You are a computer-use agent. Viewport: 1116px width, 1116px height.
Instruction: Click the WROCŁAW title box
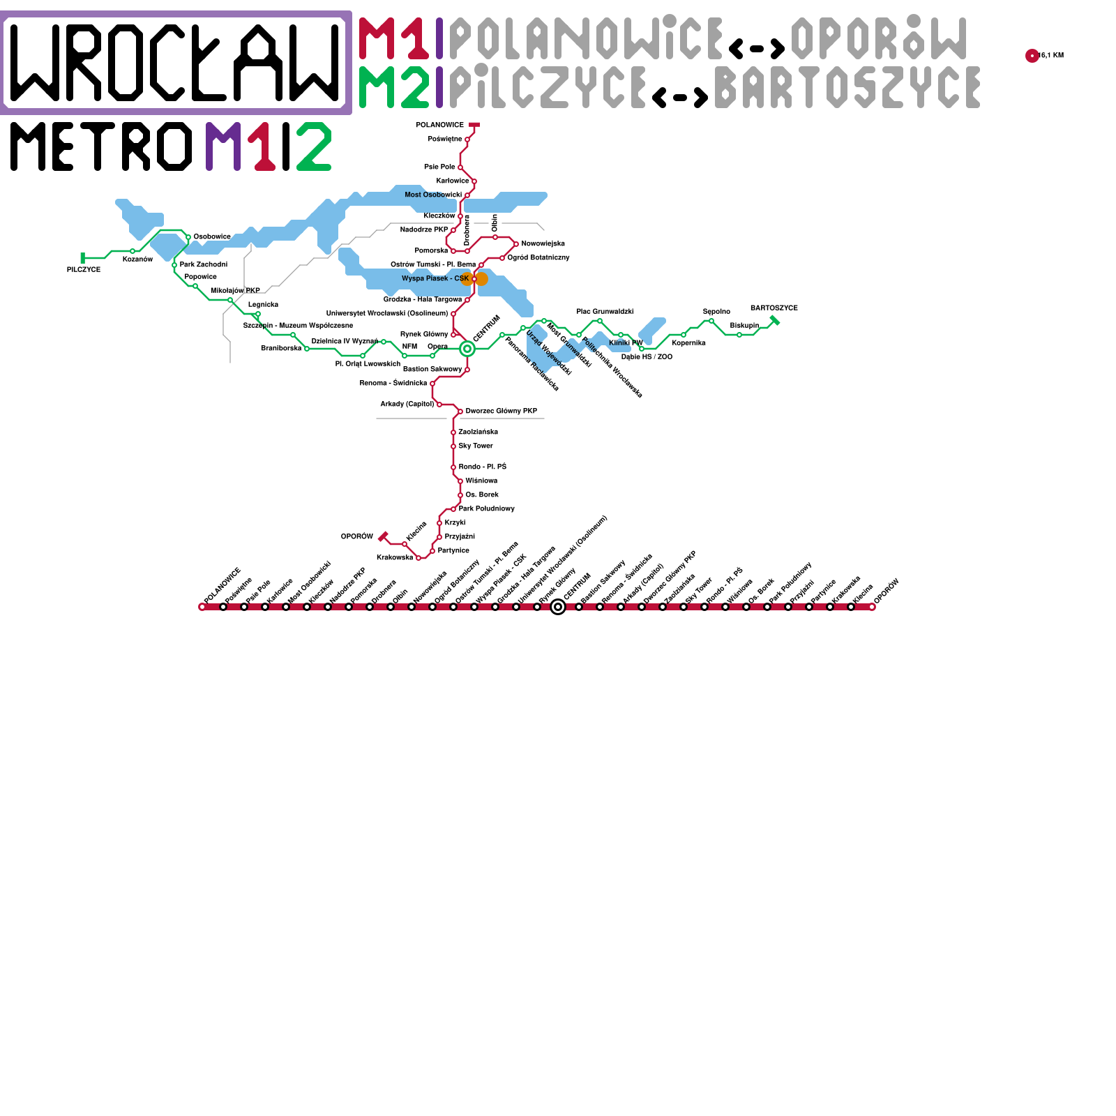[x=176, y=63]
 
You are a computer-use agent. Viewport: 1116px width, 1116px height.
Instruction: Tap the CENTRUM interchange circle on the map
[x=467, y=348]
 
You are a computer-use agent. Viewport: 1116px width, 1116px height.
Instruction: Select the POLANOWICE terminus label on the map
[x=439, y=126]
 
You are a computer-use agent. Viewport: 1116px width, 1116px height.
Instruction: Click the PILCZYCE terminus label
[x=84, y=269]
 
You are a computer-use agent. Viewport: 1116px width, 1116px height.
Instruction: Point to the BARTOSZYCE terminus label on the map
[x=774, y=308]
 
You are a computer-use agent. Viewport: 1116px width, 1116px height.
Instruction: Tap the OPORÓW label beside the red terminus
[x=356, y=536]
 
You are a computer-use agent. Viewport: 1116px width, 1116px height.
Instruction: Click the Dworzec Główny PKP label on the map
[x=501, y=411]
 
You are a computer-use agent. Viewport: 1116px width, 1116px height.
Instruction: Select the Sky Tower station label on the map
[x=475, y=446]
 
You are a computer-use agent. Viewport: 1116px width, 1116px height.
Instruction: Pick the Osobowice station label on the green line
[x=212, y=236]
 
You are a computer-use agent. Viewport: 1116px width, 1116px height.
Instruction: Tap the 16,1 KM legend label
[x=1051, y=56]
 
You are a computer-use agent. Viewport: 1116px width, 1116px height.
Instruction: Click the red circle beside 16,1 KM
[x=1032, y=56]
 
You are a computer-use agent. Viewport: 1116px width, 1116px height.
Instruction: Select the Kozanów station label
[x=137, y=259]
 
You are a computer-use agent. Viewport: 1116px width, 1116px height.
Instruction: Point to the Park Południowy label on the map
[x=486, y=508]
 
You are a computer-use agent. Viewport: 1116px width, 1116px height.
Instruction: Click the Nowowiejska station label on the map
[x=543, y=243]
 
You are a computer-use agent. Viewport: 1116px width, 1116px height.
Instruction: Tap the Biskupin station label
[x=744, y=325]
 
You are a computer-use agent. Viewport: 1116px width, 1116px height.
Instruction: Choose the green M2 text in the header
[x=394, y=87]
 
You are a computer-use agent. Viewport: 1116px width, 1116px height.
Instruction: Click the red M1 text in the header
[x=394, y=38]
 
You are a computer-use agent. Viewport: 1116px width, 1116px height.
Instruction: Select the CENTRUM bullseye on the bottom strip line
[x=558, y=607]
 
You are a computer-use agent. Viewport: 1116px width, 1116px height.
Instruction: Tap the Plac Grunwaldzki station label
[x=605, y=311]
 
